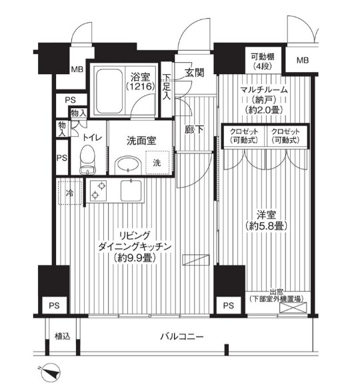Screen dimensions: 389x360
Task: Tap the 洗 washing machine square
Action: (x=156, y=163)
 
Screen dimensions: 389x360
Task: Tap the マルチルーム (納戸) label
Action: (x=265, y=101)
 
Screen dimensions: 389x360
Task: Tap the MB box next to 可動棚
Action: (x=303, y=61)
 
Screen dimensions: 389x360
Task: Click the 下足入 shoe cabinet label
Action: (x=167, y=85)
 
